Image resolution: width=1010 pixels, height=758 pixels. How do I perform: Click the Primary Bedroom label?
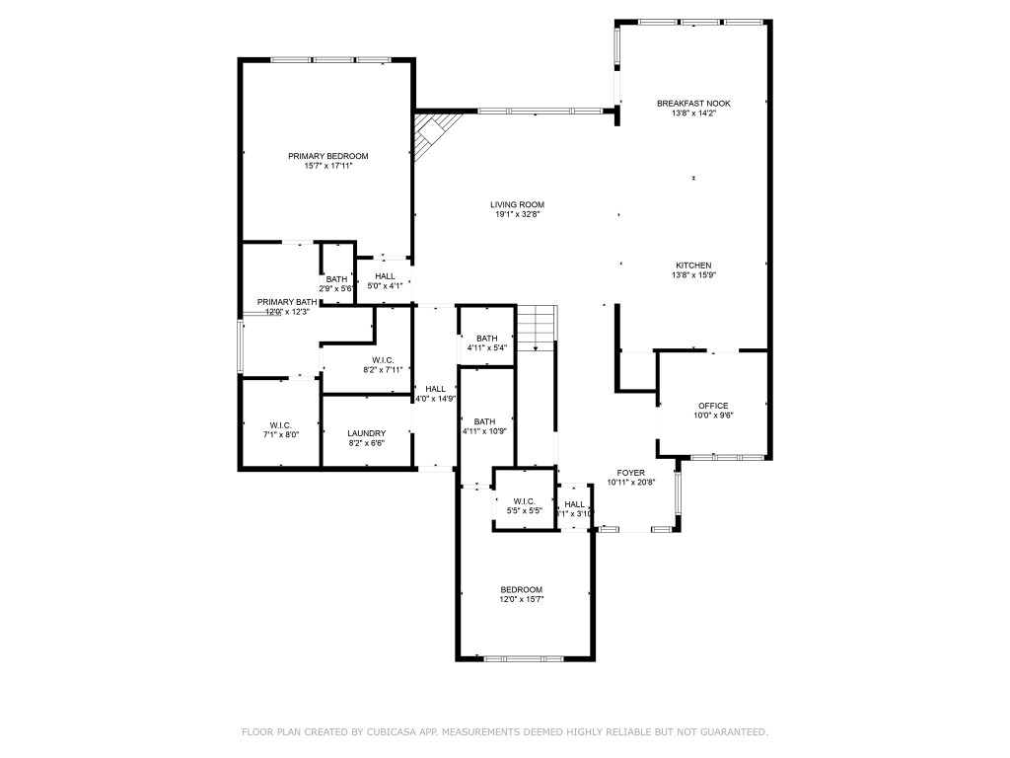click(x=327, y=156)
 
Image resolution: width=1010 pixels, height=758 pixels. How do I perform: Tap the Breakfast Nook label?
click(x=693, y=103)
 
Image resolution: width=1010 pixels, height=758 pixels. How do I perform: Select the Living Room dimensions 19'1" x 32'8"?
click(x=517, y=214)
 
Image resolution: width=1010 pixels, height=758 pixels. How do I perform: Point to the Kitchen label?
click(x=693, y=265)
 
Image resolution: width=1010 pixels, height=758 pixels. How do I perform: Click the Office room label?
click(x=712, y=406)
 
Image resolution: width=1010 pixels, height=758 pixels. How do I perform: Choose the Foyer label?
click(x=630, y=473)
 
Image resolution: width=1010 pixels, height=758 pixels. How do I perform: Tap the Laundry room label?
click(x=366, y=433)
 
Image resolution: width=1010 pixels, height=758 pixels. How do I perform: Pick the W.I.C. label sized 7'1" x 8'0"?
click(x=280, y=424)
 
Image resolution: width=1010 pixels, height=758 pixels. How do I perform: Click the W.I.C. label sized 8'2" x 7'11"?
click(x=383, y=360)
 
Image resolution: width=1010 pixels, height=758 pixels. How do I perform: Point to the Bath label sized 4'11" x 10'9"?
click(x=484, y=421)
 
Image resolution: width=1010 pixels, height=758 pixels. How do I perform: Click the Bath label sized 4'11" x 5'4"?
click(x=486, y=339)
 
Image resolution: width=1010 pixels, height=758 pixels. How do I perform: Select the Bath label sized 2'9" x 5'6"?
click(x=337, y=279)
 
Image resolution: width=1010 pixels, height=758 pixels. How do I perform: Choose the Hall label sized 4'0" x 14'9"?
click(x=435, y=389)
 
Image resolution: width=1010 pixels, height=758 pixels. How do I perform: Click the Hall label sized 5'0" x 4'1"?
click(x=385, y=276)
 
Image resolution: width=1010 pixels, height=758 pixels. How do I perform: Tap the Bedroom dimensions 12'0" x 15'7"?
click(x=522, y=599)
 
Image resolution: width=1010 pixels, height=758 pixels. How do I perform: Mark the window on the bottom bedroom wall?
click(x=523, y=658)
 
